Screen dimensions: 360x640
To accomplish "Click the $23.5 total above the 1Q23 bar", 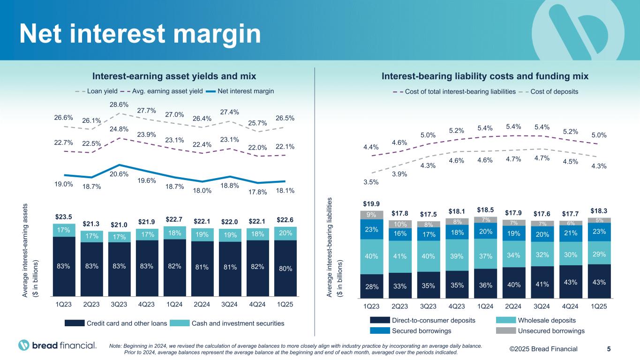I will tap(63, 217).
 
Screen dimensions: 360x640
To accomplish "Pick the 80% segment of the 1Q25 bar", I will tap(286, 269).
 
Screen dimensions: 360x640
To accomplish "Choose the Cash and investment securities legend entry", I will tap(238, 323).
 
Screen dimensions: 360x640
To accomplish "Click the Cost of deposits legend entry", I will tap(554, 91).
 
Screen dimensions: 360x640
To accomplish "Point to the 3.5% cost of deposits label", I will tap(371, 182).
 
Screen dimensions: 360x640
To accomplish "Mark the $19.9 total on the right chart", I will tap(371, 204).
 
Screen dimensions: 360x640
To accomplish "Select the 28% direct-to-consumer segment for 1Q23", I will tap(371, 286).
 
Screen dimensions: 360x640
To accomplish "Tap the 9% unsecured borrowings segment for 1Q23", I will tap(371, 215).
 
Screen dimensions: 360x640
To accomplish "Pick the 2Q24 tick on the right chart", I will tap(513, 307).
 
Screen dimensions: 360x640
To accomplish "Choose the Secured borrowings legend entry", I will tap(422, 331).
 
